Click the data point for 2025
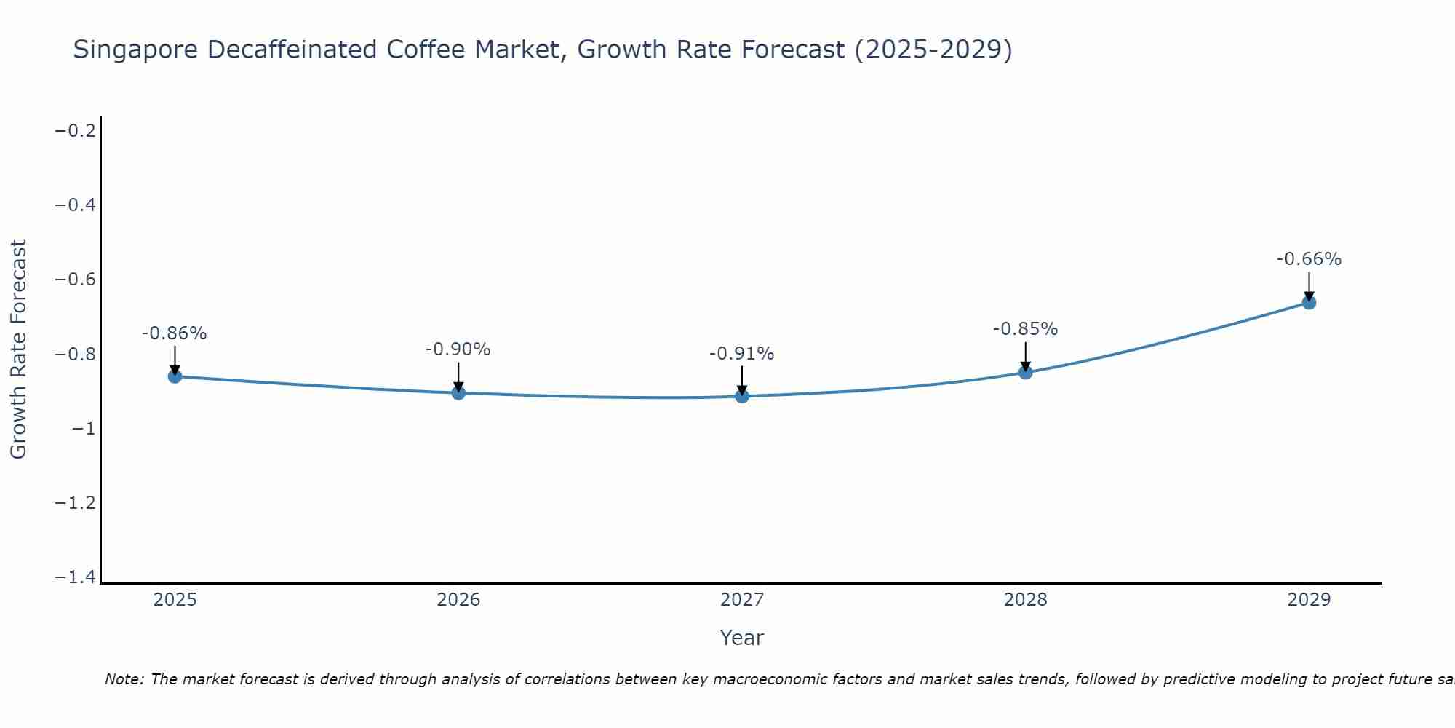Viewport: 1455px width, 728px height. pyautogui.click(x=175, y=376)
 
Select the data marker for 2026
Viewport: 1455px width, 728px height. pyautogui.click(x=458, y=393)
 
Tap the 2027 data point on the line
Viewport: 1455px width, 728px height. pyautogui.click(x=742, y=396)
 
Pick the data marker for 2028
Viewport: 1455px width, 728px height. pyautogui.click(x=1026, y=372)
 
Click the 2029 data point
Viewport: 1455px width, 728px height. pyautogui.click(x=1309, y=302)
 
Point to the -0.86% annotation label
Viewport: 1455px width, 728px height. pyautogui.click(x=175, y=333)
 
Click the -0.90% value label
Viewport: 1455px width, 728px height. pyautogui.click(x=458, y=349)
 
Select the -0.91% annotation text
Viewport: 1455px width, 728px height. pyautogui.click(x=742, y=354)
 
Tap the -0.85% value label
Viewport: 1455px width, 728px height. pyautogui.click(x=1026, y=329)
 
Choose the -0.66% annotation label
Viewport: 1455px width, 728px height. pyautogui.click(x=1309, y=259)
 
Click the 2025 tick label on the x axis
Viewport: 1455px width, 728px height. pyautogui.click(x=175, y=600)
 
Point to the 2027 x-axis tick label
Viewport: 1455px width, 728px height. pyautogui.click(x=742, y=600)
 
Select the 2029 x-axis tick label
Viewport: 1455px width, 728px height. pyautogui.click(x=1309, y=600)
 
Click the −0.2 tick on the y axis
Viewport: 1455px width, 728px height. pyautogui.click(x=76, y=131)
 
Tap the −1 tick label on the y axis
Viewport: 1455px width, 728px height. pyautogui.click(x=84, y=429)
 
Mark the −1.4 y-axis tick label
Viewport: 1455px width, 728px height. pyautogui.click(x=76, y=577)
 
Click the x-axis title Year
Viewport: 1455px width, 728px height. pyautogui.click(x=742, y=638)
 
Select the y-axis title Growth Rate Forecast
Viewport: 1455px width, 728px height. pyautogui.click(x=19, y=349)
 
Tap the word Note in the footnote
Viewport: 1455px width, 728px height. pyautogui.click(x=124, y=680)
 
